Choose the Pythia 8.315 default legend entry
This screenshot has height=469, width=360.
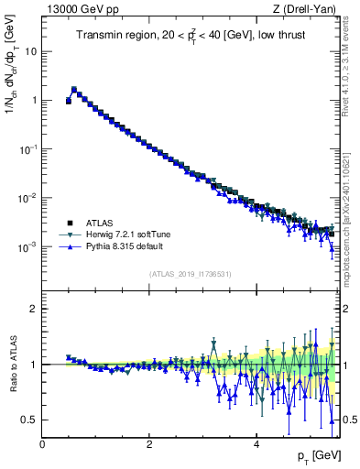click(124, 246)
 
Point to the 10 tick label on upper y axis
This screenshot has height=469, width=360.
click(31, 51)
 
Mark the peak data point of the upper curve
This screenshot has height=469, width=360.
click(74, 90)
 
